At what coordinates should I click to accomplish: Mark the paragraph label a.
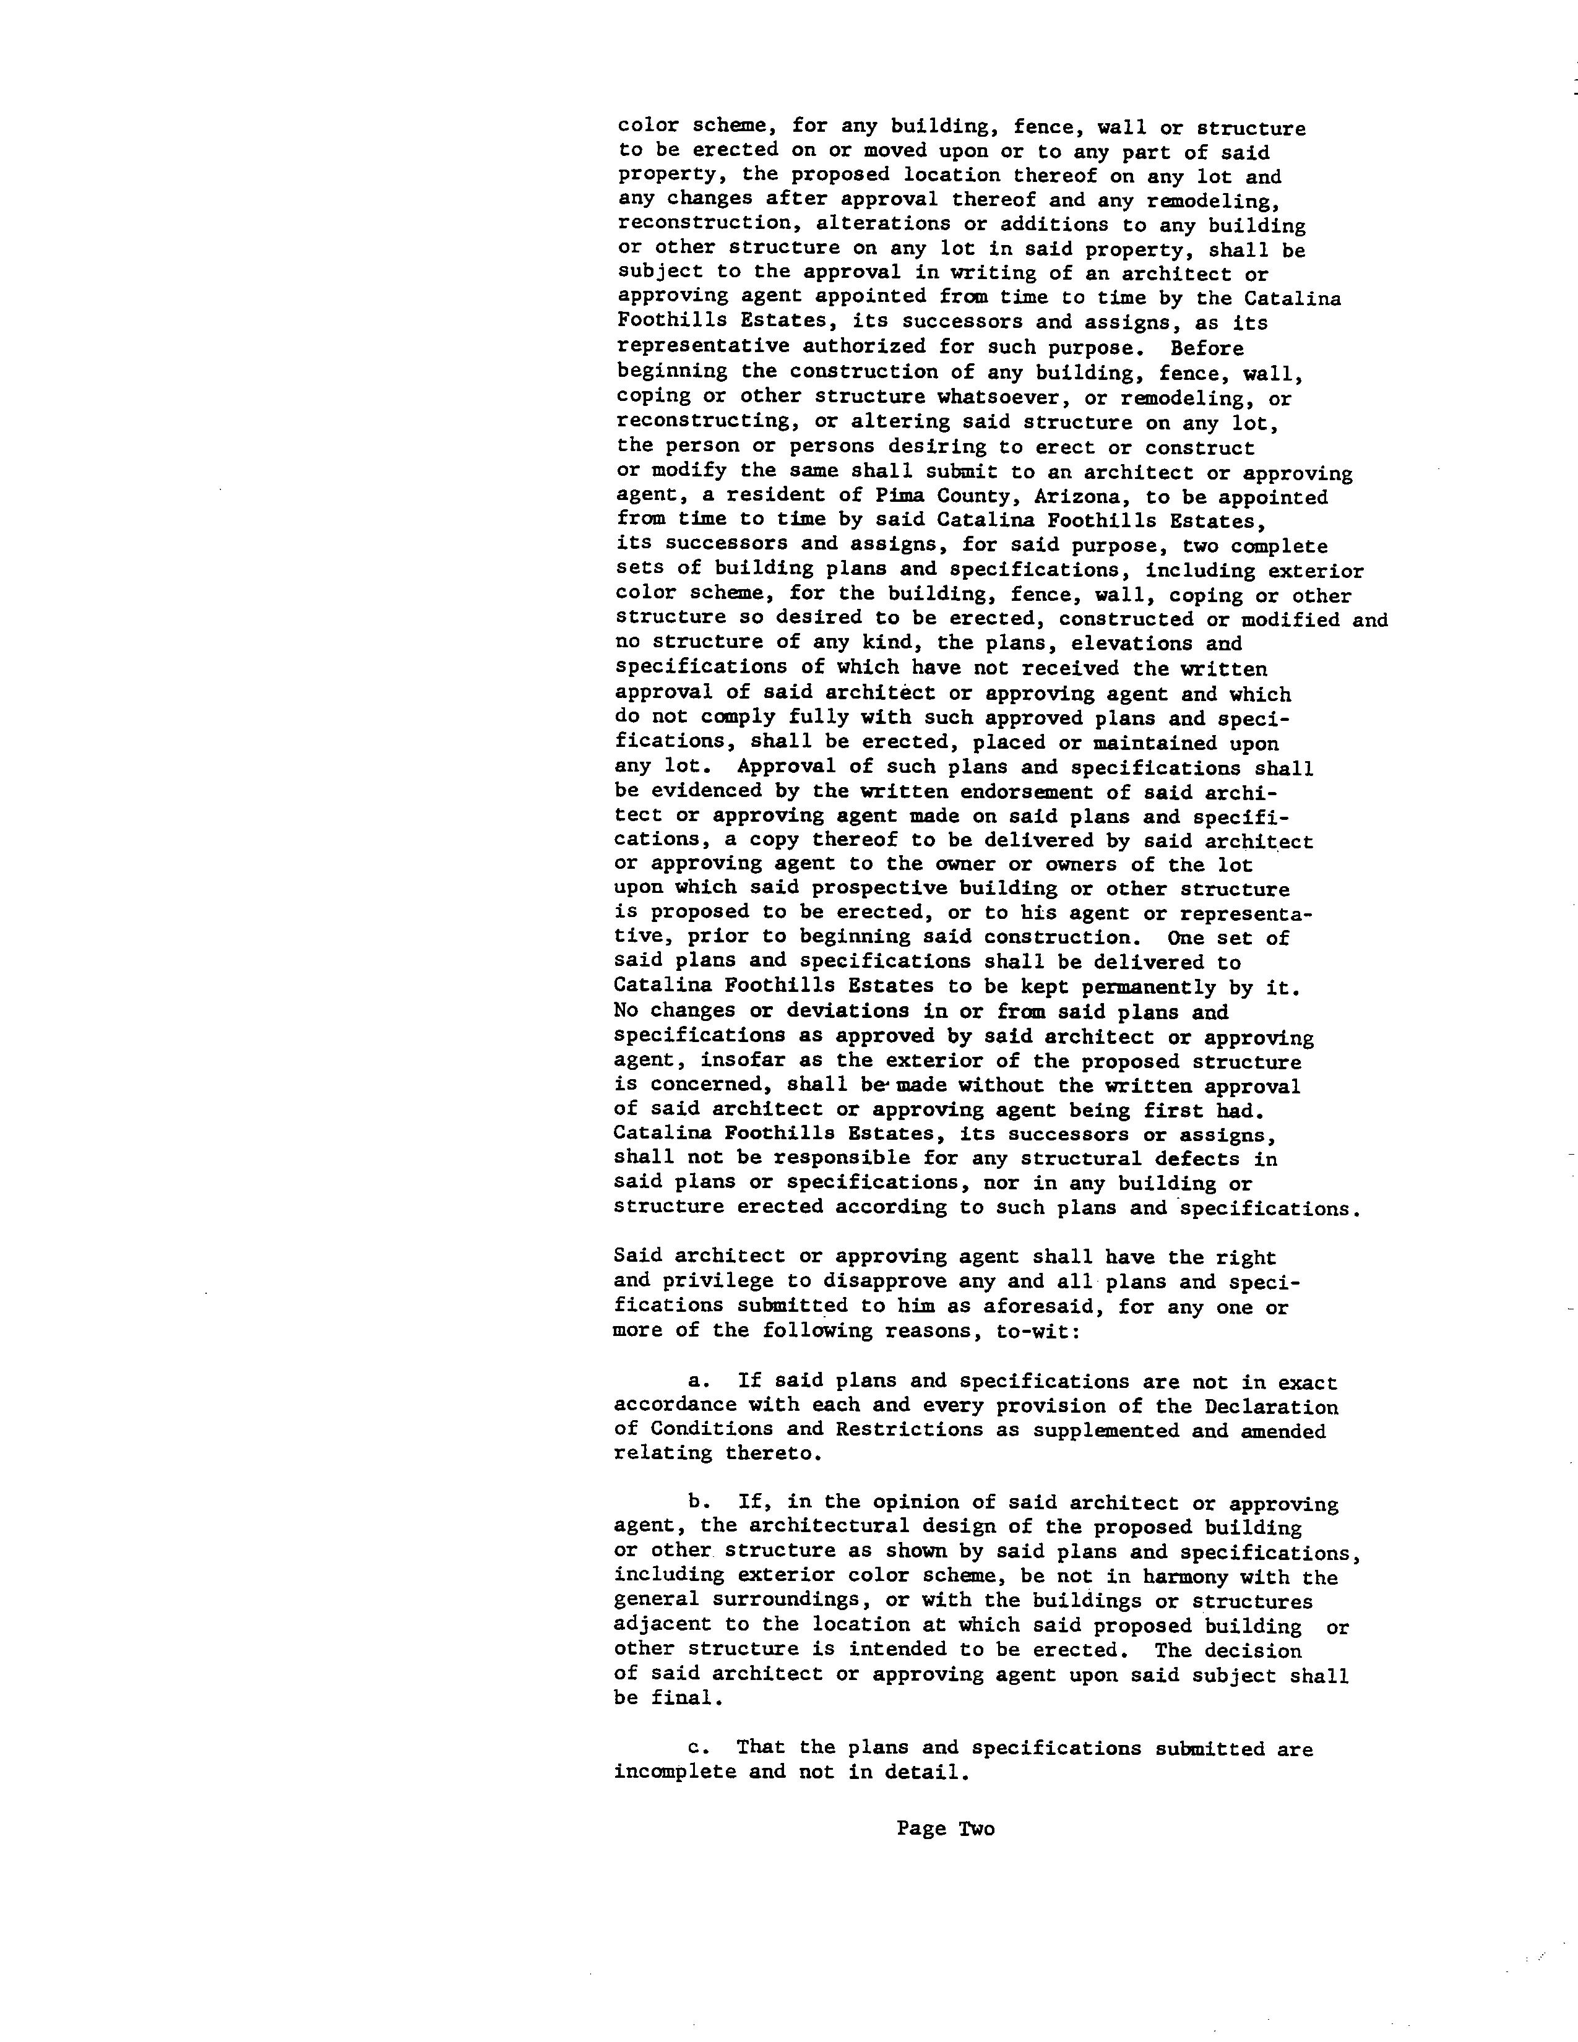click(x=694, y=1381)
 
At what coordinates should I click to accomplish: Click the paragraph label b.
click(x=694, y=1504)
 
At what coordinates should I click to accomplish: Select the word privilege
click(x=694, y=1281)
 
